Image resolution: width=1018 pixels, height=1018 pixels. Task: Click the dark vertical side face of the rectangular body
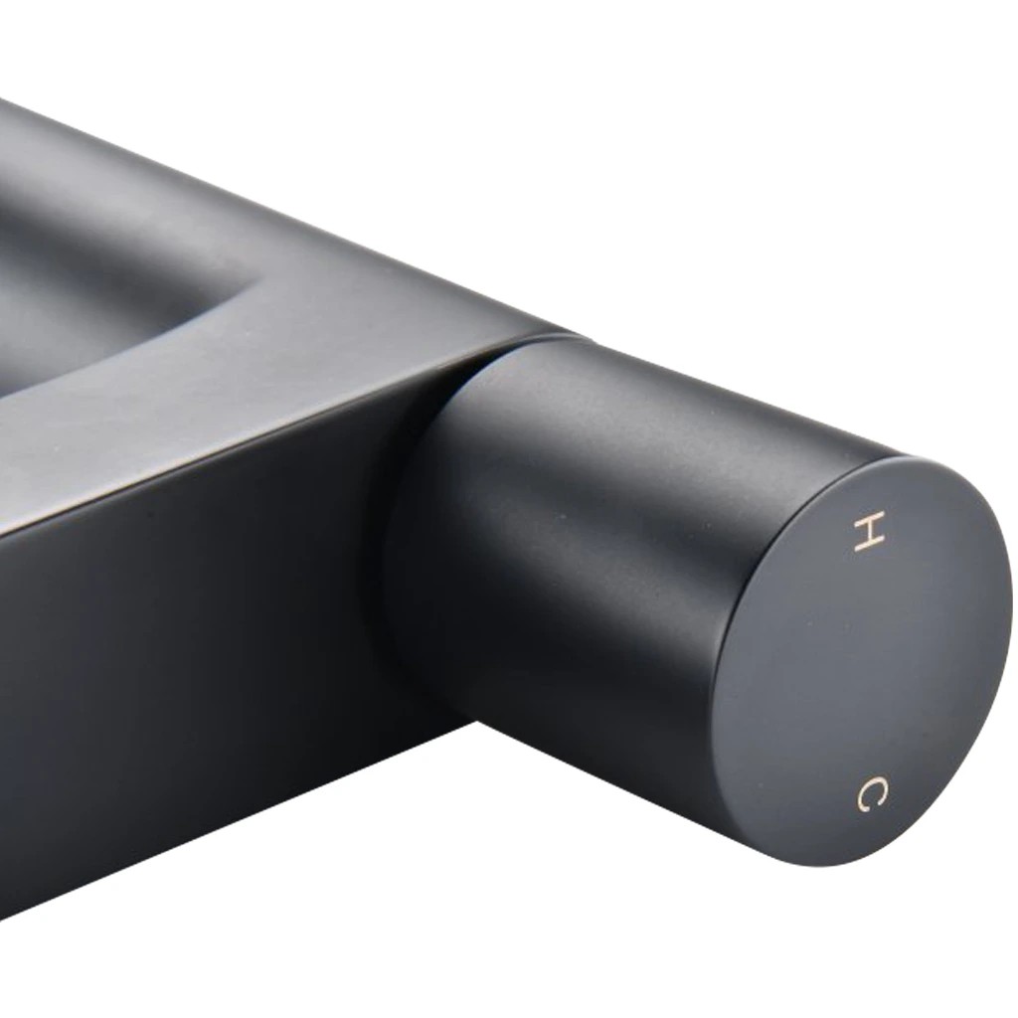(195, 682)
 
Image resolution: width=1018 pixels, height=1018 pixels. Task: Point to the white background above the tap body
(325, 97)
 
